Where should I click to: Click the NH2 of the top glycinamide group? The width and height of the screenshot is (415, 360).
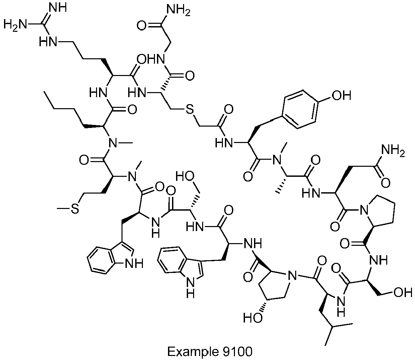(x=178, y=10)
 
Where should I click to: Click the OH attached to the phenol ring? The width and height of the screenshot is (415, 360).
(x=342, y=95)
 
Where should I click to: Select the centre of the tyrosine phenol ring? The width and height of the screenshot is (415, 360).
(x=301, y=109)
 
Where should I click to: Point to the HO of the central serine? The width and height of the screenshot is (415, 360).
(x=185, y=177)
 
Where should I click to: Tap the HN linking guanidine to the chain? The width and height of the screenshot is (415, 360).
(x=48, y=42)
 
